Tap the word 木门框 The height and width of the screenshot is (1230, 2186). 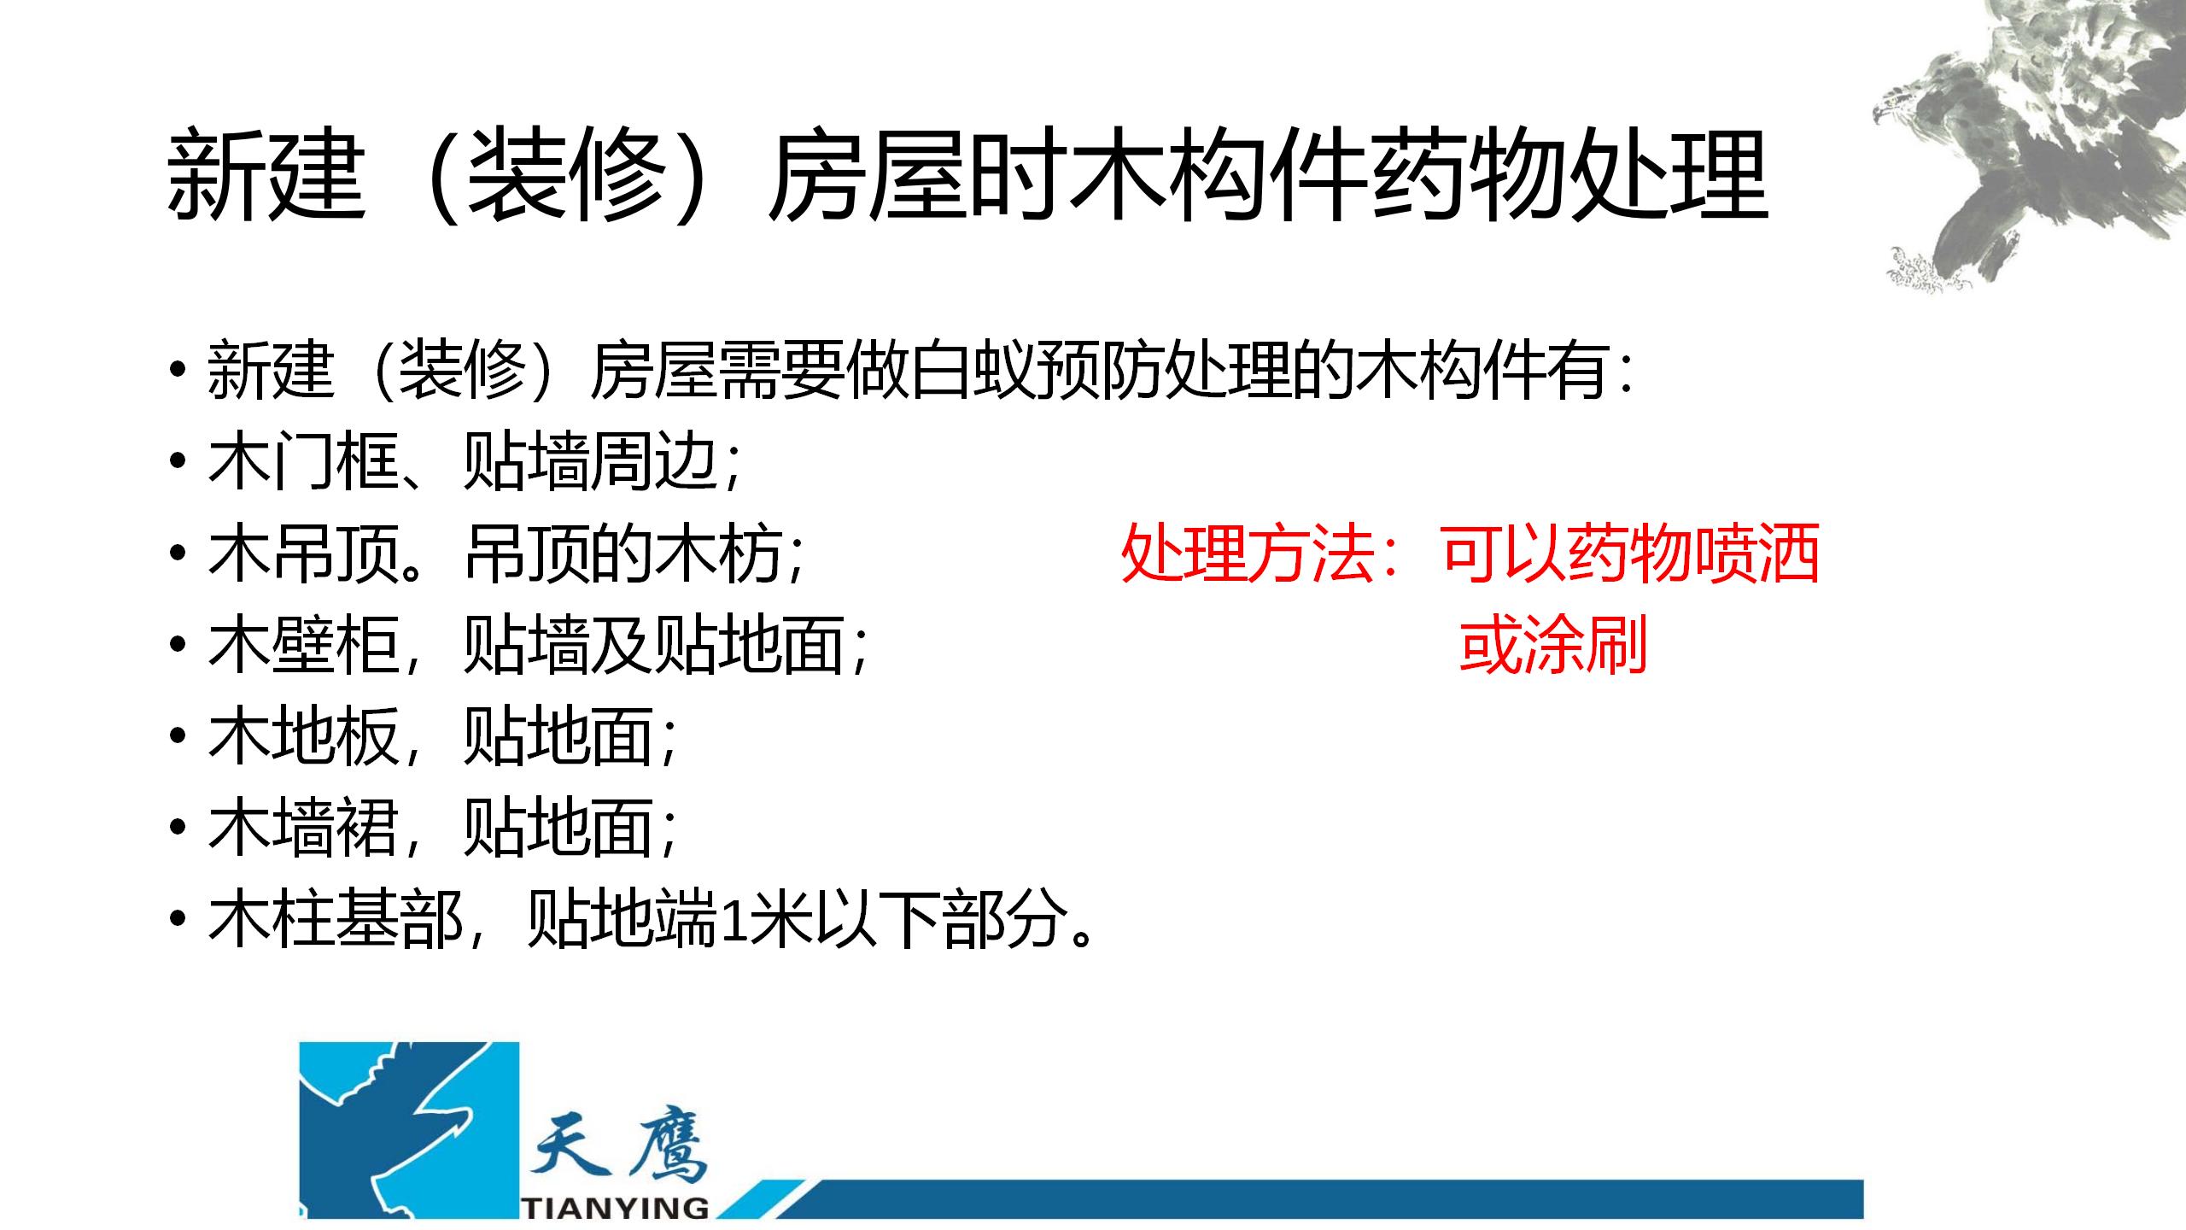click(x=303, y=464)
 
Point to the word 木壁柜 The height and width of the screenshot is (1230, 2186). click(x=303, y=646)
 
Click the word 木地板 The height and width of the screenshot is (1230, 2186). click(x=303, y=737)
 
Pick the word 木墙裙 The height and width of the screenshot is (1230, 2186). click(x=303, y=829)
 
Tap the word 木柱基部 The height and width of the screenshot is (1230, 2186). click(x=336, y=921)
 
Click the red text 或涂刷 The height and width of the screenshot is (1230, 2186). click(x=1553, y=647)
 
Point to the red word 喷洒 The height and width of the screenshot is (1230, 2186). click(x=1756, y=555)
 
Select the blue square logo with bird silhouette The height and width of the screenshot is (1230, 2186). click(x=409, y=1130)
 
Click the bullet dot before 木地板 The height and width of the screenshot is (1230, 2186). click(x=177, y=737)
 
